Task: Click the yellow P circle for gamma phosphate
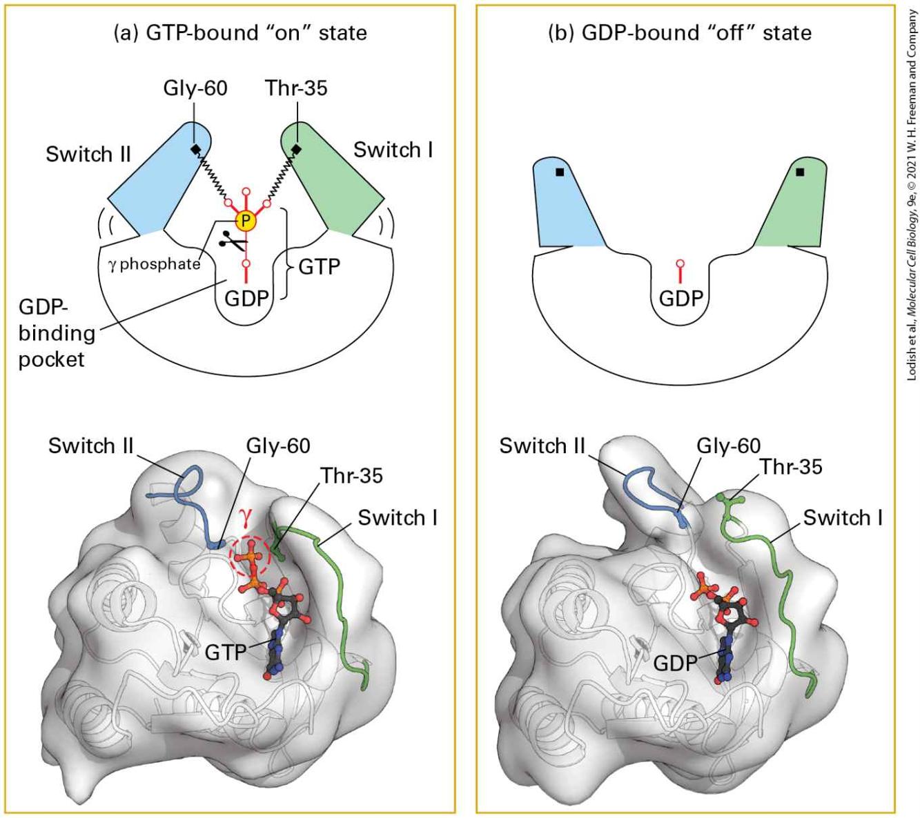[246, 221]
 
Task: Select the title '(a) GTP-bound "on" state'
[240, 33]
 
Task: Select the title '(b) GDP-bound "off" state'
[680, 33]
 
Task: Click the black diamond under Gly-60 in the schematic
[195, 149]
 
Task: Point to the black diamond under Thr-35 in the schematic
[296, 149]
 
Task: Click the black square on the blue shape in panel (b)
[560, 172]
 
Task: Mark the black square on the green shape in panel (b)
[800, 172]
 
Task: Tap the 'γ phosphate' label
[155, 263]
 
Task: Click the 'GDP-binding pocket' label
[57, 333]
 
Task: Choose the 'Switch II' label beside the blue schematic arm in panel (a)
[88, 154]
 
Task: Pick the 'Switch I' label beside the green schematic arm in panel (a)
[393, 150]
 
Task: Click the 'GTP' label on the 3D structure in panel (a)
[225, 652]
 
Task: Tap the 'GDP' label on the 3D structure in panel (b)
[675, 664]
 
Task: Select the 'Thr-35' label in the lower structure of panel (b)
[791, 467]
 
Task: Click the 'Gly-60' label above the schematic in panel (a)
[195, 88]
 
